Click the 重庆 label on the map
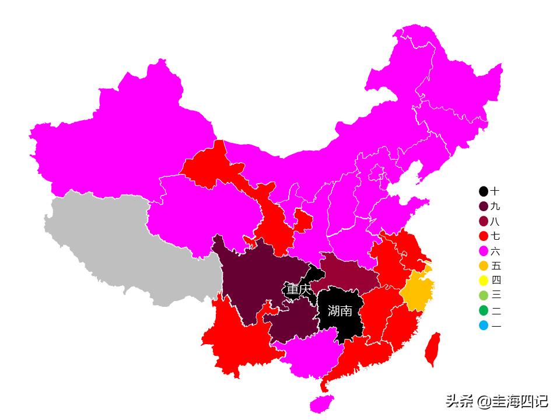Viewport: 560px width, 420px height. pos(298,289)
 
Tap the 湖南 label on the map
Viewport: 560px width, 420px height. pos(339,311)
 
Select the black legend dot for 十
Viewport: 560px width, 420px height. pos(484,191)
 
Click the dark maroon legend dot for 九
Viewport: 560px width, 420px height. pos(484,206)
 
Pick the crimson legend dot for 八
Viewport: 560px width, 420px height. pos(484,222)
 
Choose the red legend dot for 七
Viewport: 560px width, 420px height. pos(484,236)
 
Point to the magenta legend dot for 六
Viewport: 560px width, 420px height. pos(484,251)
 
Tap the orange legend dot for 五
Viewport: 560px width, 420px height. pos(484,266)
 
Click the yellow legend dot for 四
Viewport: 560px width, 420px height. pos(484,281)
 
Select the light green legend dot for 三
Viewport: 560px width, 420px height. pos(484,296)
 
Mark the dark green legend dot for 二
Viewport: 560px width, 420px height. pos(484,310)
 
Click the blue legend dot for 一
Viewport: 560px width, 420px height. pos(484,325)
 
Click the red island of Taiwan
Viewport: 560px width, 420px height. pos(432,349)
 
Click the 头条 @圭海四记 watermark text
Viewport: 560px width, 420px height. pos(496,401)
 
